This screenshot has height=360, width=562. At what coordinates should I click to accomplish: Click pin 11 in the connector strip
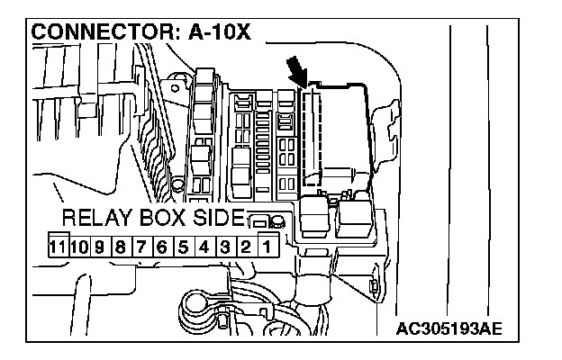click(x=58, y=245)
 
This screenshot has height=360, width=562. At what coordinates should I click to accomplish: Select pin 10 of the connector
click(x=79, y=245)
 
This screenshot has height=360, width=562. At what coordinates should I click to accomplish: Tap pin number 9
click(x=98, y=245)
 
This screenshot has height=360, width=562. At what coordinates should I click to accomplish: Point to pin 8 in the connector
click(x=118, y=245)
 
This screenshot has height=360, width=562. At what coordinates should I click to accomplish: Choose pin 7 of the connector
click(x=140, y=245)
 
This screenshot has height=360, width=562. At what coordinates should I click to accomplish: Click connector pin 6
click(x=161, y=245)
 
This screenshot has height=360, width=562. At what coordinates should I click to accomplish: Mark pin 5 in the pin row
click(x=183, y=245)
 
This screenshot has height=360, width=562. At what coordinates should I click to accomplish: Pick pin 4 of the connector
click(x=204, y=245)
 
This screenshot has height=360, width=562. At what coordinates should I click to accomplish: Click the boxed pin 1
click(x=267, y=245)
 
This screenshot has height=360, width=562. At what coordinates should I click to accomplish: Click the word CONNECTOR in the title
click(x=99, y=33)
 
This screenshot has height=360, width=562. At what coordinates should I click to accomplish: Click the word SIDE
click(x=218, y=219)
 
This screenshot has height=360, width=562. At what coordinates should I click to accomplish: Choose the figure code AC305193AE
click(x=449, y=327)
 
